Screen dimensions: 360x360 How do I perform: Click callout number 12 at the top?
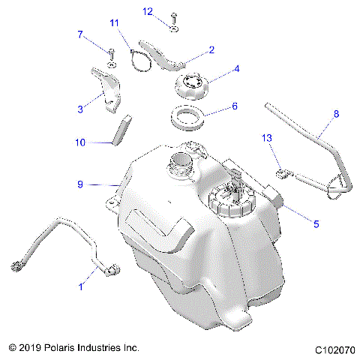click(148, 11)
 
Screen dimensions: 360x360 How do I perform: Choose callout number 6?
click(234, 106)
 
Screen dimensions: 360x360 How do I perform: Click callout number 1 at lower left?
click(81, 286)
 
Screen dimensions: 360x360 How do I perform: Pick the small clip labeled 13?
click(282, 174)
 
